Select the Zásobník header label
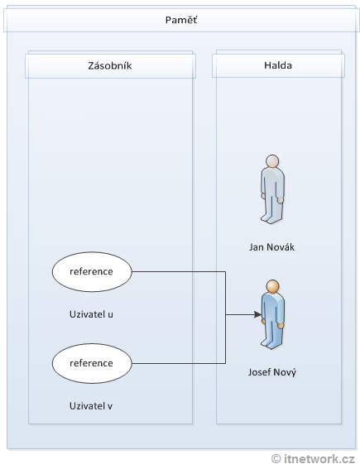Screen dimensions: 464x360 click(110, 65)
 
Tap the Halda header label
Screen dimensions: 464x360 click(278, 65)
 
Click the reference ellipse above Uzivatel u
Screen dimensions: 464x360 click(91, 270)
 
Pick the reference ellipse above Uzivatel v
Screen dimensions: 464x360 click(91, 362)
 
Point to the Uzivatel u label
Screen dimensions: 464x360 click(91, 314)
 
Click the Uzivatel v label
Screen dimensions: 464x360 click(91, 406)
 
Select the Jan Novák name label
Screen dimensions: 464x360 click(272, 247)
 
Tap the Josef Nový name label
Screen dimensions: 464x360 click(272, 372)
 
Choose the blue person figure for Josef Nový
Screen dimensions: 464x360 click(272, 314)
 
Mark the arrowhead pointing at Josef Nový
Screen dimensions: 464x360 click(256, 315)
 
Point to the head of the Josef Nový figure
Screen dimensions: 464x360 click(272, 287)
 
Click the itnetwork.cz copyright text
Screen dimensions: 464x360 click(319, 457)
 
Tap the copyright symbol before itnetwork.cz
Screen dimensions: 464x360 click(276, 457)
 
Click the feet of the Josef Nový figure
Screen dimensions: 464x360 click(272, 343)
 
